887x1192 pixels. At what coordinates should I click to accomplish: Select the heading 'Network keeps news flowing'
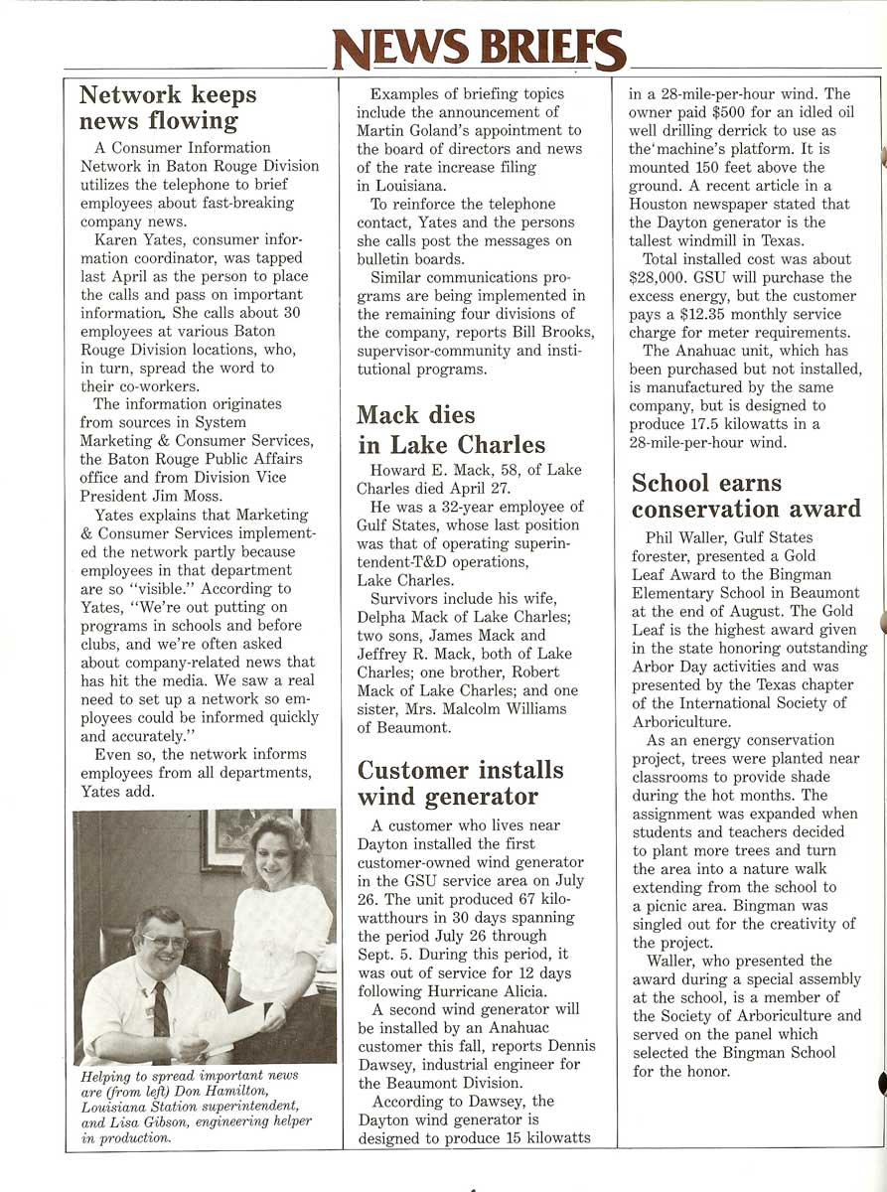[x=168, y=108]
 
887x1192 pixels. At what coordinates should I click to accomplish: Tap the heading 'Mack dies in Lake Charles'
[x=451, y=429]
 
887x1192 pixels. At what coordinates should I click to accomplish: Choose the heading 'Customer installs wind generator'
[x=460, y=784]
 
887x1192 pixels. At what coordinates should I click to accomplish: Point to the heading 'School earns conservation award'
[x=746, y=497]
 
